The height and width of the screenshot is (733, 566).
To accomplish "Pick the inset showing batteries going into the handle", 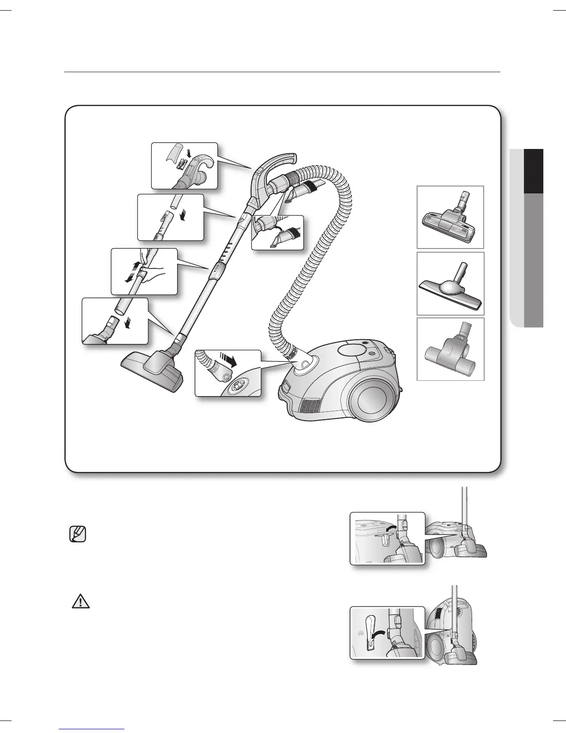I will click(x=185, y=166).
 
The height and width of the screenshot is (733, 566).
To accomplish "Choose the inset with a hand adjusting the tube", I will click(x=144, y=271).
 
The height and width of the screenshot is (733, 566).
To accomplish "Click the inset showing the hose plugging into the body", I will click(x=228, y=373).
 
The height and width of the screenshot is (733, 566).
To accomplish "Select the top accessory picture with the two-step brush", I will click(x=450, y=217).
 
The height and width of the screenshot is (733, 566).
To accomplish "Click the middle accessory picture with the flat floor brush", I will click(x=450, y=284).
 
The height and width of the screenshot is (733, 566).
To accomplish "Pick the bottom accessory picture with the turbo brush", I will click(x=450, y=349).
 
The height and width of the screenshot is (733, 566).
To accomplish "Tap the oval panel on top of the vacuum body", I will click(x=353, y=350).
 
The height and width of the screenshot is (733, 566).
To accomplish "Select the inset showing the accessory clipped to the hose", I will click(x=277, y=232).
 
